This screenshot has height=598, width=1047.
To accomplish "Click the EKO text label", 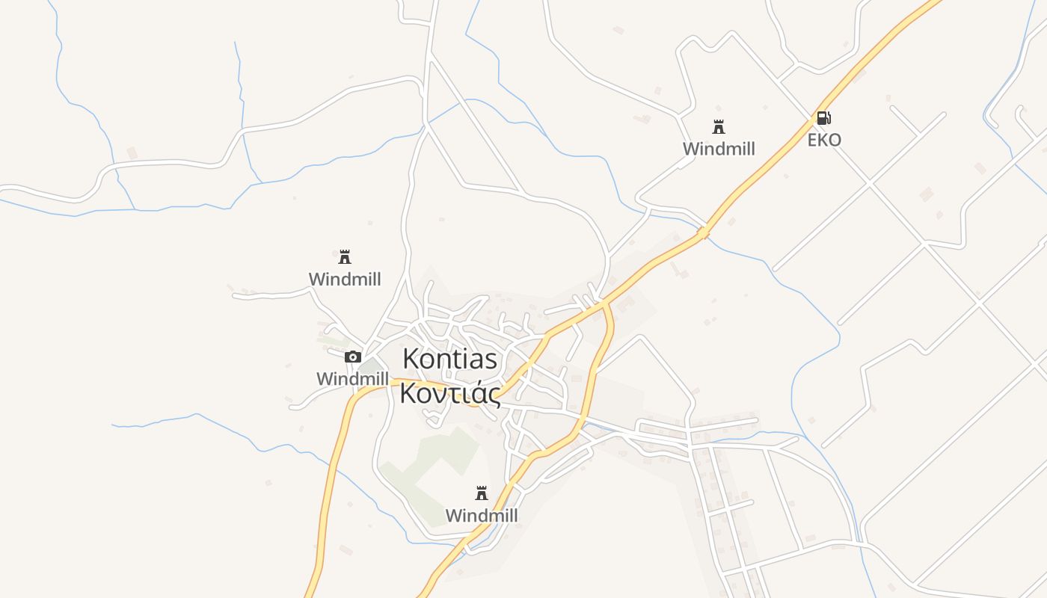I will point(824,140).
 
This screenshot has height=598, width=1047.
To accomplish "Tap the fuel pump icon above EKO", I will point(823,117).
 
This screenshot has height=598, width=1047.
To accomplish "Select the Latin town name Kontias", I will point(449,359).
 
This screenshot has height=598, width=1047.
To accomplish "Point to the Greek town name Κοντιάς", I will point(449,392).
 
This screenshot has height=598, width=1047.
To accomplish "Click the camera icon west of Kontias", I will point(353,357).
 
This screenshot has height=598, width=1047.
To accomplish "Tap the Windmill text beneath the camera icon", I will point(352,379).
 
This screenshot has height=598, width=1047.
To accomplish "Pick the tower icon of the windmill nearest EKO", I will point(719,127).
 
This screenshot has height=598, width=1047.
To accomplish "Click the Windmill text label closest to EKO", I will point(719,149).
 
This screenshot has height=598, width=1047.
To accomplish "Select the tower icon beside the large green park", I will point(482,493).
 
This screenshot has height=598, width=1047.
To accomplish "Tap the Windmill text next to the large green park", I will point(482,516).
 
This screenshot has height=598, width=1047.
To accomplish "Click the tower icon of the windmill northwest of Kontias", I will point(345,257).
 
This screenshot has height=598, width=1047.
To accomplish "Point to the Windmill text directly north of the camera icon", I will point(345,280).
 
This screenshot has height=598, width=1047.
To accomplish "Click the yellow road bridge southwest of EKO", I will point(703,233).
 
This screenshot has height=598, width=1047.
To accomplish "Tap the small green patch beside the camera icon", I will point(369,366).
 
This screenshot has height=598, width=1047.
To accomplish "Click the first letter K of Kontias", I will point(410,359).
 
